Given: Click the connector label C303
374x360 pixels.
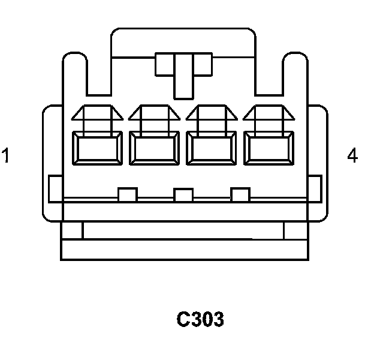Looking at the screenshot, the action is (200, 319).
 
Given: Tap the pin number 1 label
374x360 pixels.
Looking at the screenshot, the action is (5, 155).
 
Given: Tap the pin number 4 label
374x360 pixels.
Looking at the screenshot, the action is (352, 155).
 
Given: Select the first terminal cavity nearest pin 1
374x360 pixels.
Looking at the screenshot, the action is (97, 148).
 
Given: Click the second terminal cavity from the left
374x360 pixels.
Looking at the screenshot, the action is (154, 148).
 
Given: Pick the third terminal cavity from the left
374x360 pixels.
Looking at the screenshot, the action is (212, 148).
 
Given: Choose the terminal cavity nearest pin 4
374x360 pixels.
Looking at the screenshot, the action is (269, 148).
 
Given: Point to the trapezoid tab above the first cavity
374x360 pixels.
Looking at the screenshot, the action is (97, 112).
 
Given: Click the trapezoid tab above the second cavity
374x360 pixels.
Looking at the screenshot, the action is (154, 112).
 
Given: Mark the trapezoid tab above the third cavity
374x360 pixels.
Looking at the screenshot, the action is (212, 112).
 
